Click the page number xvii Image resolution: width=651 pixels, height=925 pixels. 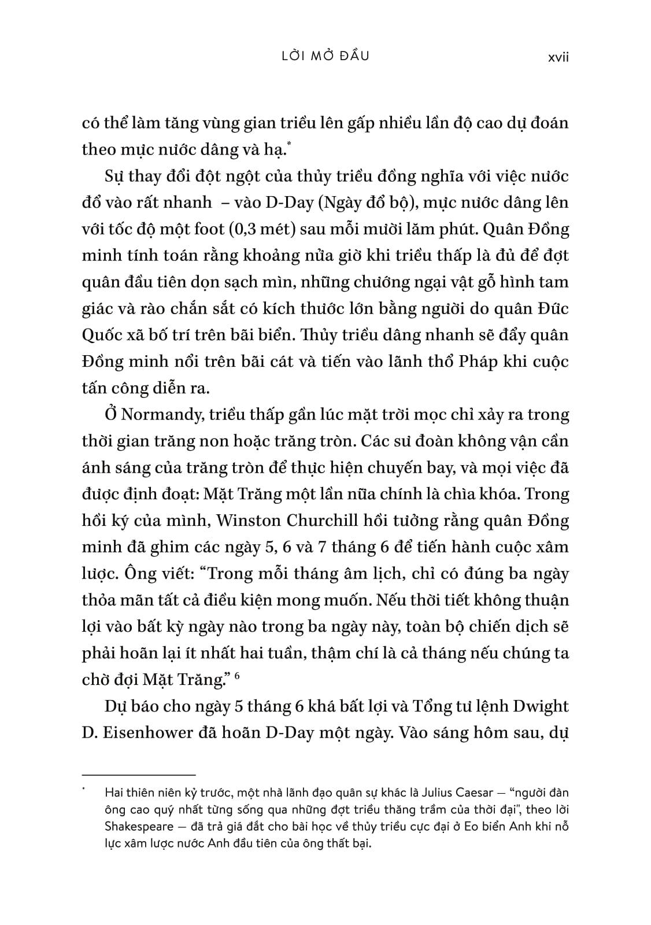coord(558,57)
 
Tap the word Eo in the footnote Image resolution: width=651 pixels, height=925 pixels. coord(480,826)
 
